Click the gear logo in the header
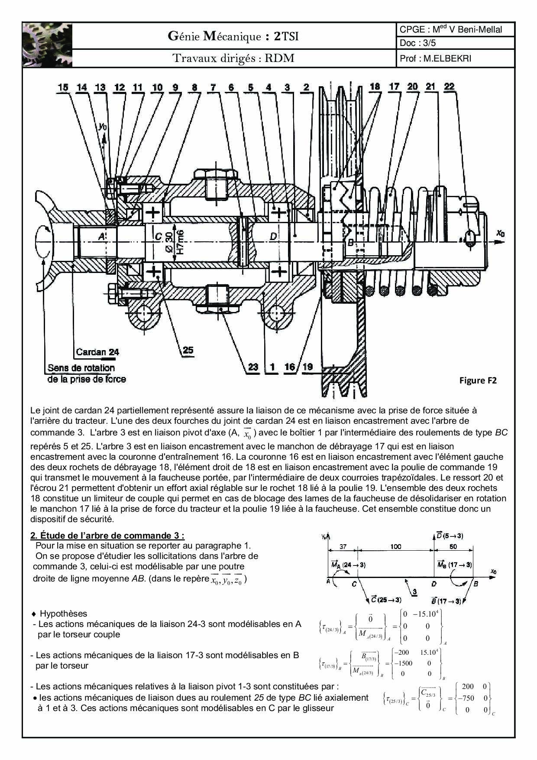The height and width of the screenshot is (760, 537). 47,45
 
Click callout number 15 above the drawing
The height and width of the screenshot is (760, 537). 63,88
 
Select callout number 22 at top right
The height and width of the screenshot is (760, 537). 450,87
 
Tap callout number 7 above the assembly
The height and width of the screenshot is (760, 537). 213,88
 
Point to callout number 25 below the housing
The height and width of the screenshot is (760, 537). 188,350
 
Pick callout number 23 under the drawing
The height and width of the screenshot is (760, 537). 253,367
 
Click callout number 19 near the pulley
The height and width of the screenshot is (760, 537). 307,367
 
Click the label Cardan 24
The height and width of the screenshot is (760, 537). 97,352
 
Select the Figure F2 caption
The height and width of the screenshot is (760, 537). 478,380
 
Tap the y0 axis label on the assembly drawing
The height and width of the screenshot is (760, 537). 103,127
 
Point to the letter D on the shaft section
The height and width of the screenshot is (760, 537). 273,237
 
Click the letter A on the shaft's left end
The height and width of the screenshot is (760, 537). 101,236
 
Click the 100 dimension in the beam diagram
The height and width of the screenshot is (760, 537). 396,547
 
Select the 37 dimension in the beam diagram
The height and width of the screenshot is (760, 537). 343,547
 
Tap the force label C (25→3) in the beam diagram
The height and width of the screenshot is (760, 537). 386,600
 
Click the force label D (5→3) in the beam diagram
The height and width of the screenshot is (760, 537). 449,536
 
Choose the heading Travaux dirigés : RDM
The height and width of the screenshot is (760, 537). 233,58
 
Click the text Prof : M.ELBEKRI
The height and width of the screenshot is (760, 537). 435,58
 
